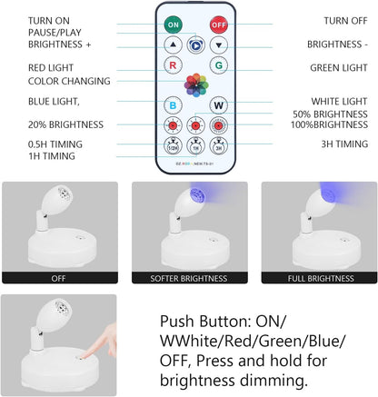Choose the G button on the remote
coord(218,65)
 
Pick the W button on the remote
coord(218,105)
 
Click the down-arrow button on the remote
coord(218,43)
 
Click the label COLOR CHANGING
coord(44,82)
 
